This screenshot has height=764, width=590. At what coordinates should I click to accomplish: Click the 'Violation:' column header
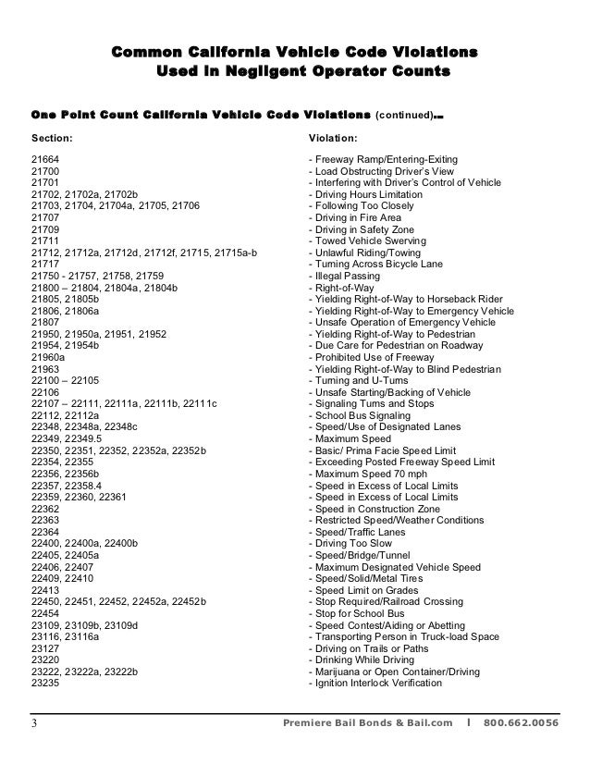click(x=333, y=139)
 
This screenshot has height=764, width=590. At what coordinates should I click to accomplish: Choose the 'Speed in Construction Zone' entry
click(x=378, y=509)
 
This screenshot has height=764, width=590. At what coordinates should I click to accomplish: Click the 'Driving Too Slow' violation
click(x=355, y=544)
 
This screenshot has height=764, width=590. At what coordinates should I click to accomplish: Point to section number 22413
click(x=46, y=590)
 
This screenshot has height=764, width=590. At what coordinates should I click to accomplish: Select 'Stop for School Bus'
click(x=361, y=613)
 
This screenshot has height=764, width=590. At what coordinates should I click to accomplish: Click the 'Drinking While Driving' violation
click(x=366, y=660)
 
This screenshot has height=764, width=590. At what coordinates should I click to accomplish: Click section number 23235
click(x=46, y=684)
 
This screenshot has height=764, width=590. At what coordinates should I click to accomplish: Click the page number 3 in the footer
click(x=34, y=722)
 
